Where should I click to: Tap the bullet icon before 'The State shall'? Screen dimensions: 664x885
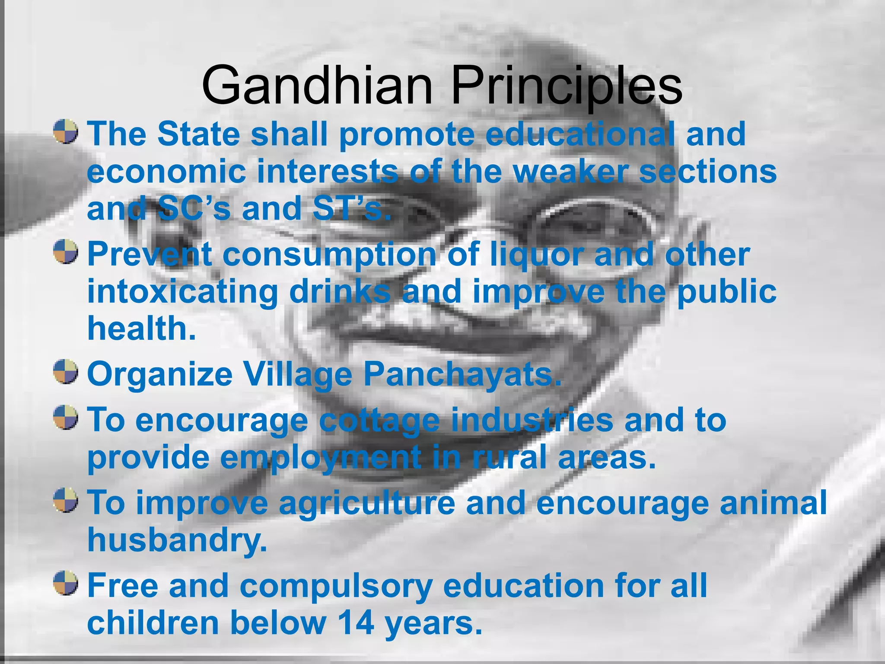tap(66, 132)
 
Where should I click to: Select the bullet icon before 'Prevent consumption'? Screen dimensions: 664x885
tap(66, 252)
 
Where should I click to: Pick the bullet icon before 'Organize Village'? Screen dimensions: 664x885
tap(66, 371)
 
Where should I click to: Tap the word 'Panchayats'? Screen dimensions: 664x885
tap(462, 374)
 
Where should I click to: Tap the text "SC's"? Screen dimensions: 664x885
tap(193, 208)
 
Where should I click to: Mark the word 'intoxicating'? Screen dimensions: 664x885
tap(182, 292)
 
